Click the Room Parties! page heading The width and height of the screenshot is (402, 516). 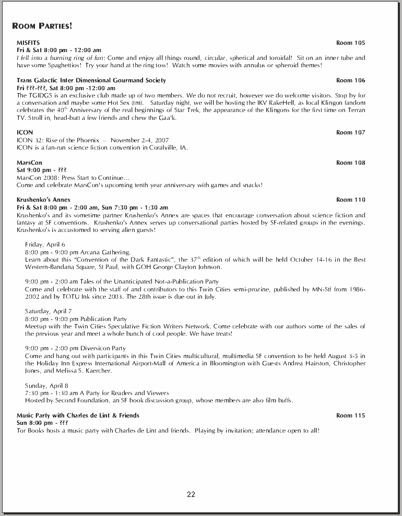pos(42,26)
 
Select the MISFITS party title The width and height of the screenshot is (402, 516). pos(28,43)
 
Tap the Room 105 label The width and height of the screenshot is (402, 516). pos(350,43)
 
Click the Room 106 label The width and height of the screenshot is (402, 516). pos(350,80)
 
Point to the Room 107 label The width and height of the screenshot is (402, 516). pos(350,132)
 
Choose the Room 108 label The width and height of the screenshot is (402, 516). pos(350,163)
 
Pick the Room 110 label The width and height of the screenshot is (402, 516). pos(350,200)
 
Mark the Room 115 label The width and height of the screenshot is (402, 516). pos(350,415)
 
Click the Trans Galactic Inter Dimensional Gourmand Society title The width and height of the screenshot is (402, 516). pos(91,80)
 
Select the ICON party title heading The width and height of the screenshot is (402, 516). pos(25,132)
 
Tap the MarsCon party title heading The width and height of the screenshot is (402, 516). pos(29,163)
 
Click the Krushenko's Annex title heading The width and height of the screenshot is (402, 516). pos(43,200)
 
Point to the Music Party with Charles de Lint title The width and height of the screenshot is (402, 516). pos(78,415)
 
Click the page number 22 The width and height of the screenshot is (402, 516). pos(191,495)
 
